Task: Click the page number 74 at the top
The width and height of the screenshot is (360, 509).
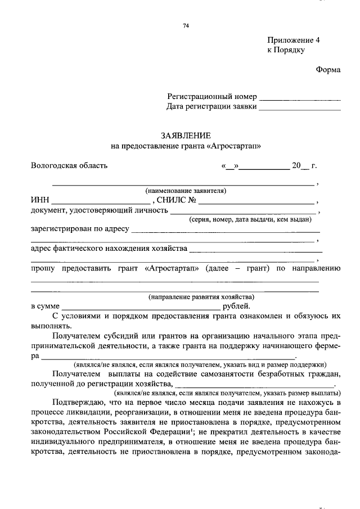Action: [x=186, y=26]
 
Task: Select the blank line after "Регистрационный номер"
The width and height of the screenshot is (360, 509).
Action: [x=300, y=98]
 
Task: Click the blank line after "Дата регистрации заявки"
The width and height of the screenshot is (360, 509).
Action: [x=300, y=107]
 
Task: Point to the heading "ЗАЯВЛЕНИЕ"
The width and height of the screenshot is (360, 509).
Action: [x=186, y=136]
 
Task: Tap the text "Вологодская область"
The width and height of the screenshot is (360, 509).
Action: [x=69, y=166]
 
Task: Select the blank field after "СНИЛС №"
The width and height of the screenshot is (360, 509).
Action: [x=256, y=201]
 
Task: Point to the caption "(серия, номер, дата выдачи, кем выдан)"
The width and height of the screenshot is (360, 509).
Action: [x=250, y=220]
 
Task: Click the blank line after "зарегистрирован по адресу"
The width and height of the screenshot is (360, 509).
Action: [x=225, y=231]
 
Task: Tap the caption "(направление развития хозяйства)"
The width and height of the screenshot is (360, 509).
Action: [x=201, y=296]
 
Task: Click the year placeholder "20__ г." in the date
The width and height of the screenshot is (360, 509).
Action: [x=304, y=166]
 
